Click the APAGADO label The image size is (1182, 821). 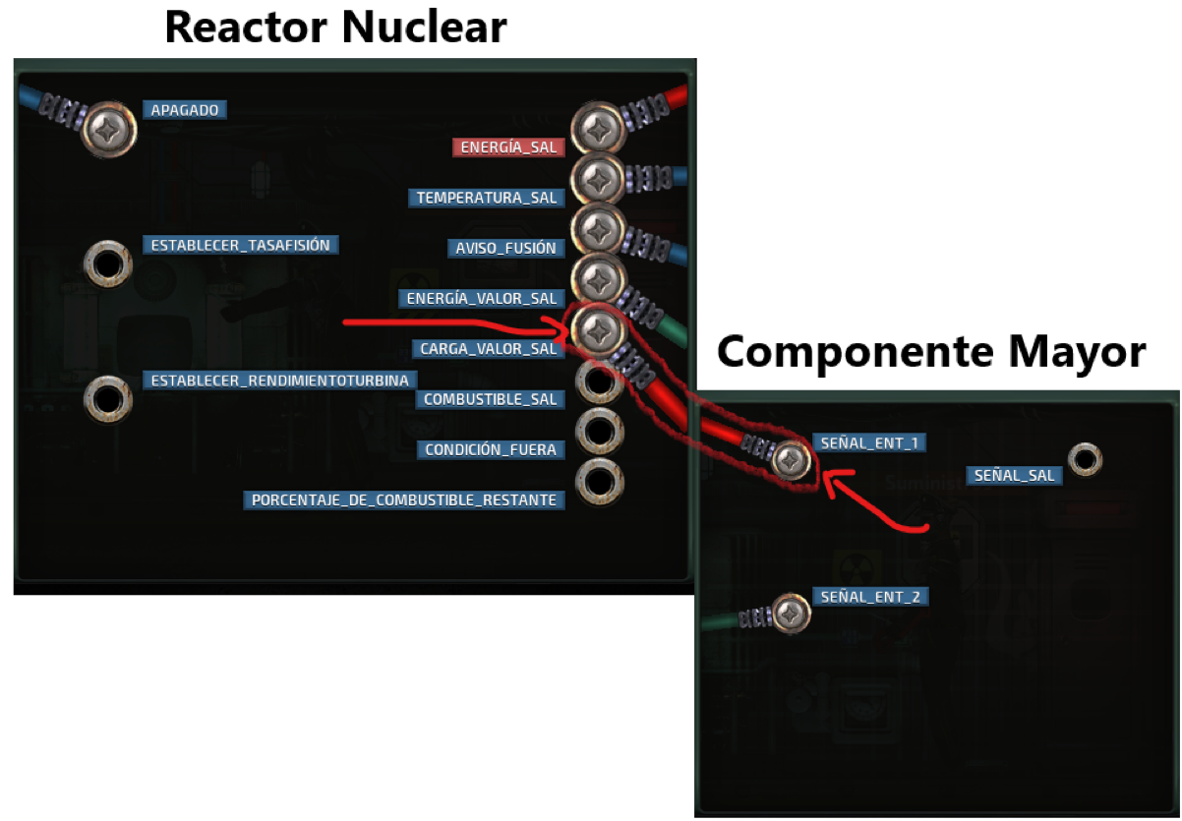(x=186, y=110)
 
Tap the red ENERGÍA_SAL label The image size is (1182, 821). (x=508, y=147)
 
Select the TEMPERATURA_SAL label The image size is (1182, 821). (x=487, y=198)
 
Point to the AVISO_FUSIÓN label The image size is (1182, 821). (x=505, y=248)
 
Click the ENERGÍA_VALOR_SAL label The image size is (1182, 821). (x=482, y=298)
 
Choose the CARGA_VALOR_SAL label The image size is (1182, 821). (x=489, y=348)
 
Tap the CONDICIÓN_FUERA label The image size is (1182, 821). (x=491, y=449)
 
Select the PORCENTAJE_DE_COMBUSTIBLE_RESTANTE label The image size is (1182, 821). (x=404, y=499)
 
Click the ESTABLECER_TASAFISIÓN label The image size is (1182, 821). (x=240, y=245)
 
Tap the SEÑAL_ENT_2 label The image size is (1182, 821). (x=869, y=597)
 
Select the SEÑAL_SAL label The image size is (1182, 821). (x=1014, y=475)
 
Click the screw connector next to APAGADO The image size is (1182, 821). (x=108, y=127)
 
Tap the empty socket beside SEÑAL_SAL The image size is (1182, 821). (x=1084, y=459)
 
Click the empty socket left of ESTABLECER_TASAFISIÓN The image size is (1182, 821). (x=107, y=264)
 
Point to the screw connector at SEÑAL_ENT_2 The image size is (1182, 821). (x=789, y=615)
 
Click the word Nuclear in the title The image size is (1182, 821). (x=422, y=27)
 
